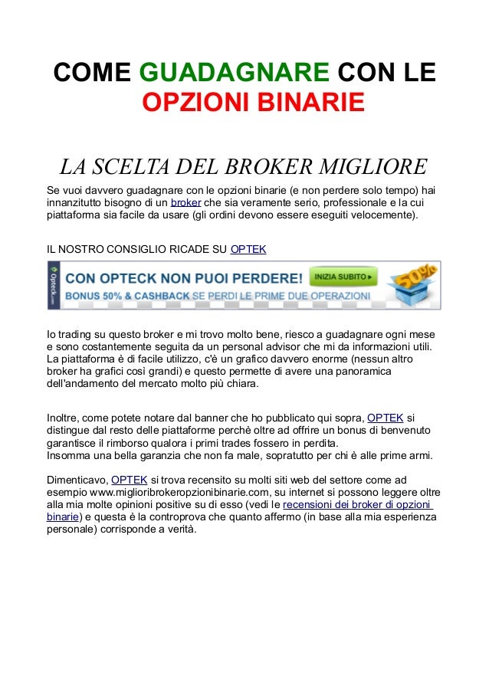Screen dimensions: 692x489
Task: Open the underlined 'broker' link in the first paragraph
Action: pyautogui.click(x=185, y=202)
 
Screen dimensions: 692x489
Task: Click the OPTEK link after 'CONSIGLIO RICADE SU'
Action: pyautogui.click(x=248, y=249)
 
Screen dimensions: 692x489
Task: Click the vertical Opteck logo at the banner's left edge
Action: pyautogui.click(x=54, y=285)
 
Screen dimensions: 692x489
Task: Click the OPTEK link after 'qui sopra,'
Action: pyautogui.click(x=386, y=418)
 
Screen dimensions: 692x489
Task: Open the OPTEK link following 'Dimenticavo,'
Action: pyautogui.click(x=129, y=479)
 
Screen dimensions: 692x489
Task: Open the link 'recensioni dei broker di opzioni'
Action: pyautogui.click(x=356, y=505)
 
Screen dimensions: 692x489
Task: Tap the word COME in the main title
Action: pyautogui.click(x=92, y=74)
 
